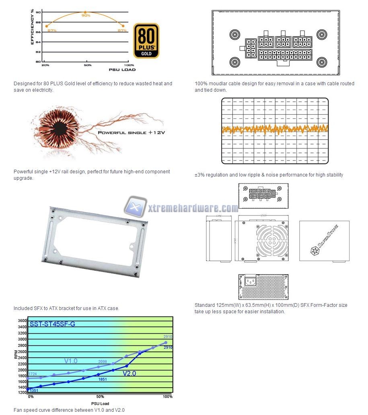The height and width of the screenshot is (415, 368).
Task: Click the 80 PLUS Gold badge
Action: [146, 41]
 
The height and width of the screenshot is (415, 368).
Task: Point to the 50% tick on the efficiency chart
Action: [88, 65]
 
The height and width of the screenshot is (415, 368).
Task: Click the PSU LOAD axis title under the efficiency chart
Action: [122, 70]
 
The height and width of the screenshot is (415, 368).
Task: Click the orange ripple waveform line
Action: [275, 129]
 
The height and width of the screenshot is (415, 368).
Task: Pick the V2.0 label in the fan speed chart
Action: [129, 373]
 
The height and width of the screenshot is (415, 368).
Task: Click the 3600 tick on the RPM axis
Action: [22, 320]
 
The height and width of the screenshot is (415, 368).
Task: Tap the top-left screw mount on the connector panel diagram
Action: [234, 33]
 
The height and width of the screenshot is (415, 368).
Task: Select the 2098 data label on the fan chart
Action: [102, 362]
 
